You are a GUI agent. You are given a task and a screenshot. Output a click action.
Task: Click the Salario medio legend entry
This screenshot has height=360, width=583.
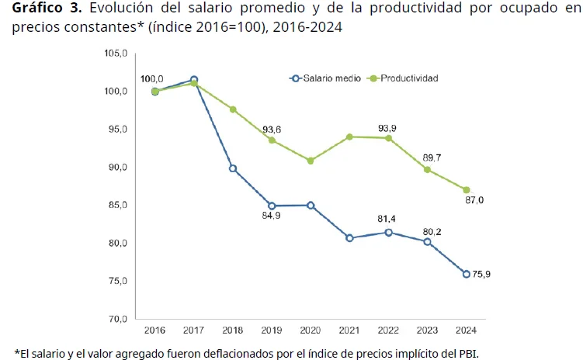(325, 78)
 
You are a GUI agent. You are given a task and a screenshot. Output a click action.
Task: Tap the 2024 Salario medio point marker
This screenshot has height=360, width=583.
(466, 274)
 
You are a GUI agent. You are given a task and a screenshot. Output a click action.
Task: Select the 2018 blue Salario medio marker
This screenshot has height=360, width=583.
(233, 168)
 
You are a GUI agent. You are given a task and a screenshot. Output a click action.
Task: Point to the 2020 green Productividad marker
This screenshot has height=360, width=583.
(311, 161)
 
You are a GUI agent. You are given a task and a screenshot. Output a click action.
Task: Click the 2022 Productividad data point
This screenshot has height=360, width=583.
(388, 138)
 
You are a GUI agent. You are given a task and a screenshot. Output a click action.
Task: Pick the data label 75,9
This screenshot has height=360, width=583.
(481, 274)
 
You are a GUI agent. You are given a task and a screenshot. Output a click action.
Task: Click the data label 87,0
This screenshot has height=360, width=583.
(473, 200)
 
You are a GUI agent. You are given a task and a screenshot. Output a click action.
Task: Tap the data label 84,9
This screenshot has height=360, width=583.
(272, 215)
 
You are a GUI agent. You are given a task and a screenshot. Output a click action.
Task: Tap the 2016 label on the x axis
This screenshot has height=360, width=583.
(154, 330)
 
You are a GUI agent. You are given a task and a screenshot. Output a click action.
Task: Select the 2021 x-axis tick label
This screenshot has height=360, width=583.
(349, 330)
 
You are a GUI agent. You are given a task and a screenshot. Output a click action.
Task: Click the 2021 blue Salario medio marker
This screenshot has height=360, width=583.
(349, 237)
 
